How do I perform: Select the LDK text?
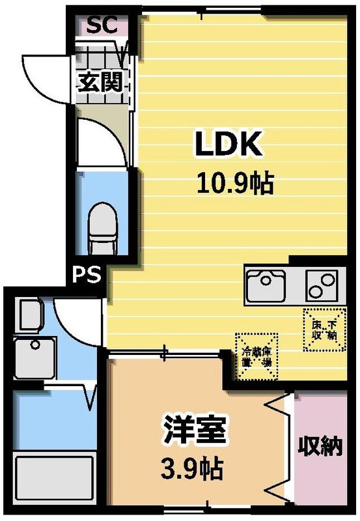click(229, 144)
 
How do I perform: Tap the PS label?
click(87, 275)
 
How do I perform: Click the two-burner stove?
click(322, 284)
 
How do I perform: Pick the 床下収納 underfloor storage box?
click(323, 330)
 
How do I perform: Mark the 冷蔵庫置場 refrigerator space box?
click(256, 356)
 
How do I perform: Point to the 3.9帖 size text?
click(193, 468)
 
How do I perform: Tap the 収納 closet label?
click(320, 448)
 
